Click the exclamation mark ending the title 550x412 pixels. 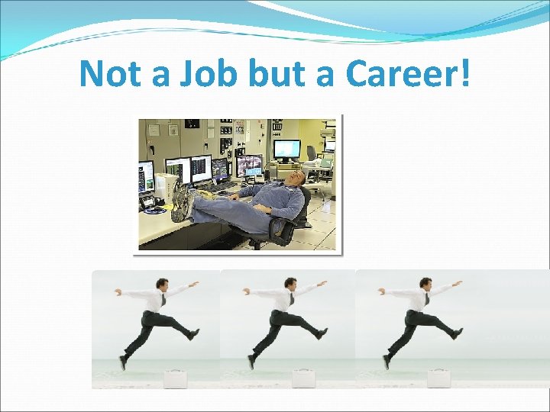[x=466, y=74]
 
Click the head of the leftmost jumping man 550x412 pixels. [x=162, y=285]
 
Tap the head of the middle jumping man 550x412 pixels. [x=290, y=285]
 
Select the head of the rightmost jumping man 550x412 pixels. [x=425, y=285]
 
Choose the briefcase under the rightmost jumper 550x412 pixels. [x=438, y=378]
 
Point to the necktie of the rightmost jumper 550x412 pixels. [x=426, y=299]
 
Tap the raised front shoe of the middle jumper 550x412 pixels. [x=322, y=333]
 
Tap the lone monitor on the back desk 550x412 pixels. [x=286, y=149]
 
